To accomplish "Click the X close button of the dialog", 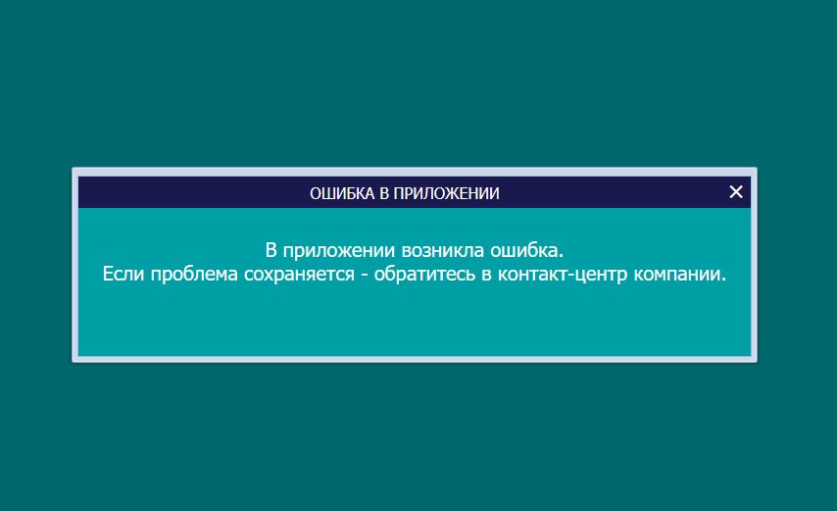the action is click(736, 191).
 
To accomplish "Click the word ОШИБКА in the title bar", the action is click(342, 193).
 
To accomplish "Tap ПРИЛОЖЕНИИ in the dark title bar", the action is click(446, 193).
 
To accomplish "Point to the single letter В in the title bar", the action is click(384, 193).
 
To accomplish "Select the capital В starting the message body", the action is click(271, 250).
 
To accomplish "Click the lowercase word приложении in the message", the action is click(338, 251).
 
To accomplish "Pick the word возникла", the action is click(443, 250).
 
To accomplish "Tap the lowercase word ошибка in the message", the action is click(523, 250).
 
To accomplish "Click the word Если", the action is click(123, 274).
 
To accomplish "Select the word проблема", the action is click(194, 275).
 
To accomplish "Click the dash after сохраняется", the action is click(365, 275).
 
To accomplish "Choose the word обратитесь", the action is click(424, 275).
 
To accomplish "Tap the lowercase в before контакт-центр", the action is click(486, 275).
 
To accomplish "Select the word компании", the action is click(677, 275).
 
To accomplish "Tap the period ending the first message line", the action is click(561, 255).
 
